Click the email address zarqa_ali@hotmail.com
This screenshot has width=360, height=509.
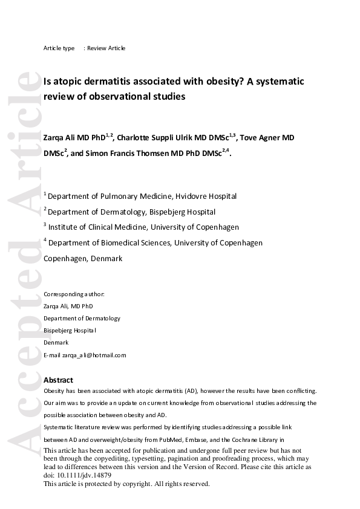[94, 355]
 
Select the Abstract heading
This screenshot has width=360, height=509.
[58, 380]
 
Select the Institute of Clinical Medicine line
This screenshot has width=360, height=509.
[143, 227]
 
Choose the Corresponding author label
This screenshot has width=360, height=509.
[74, 294]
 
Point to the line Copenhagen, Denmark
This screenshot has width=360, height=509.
[83, 258]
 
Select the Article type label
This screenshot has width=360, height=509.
[59, 48]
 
